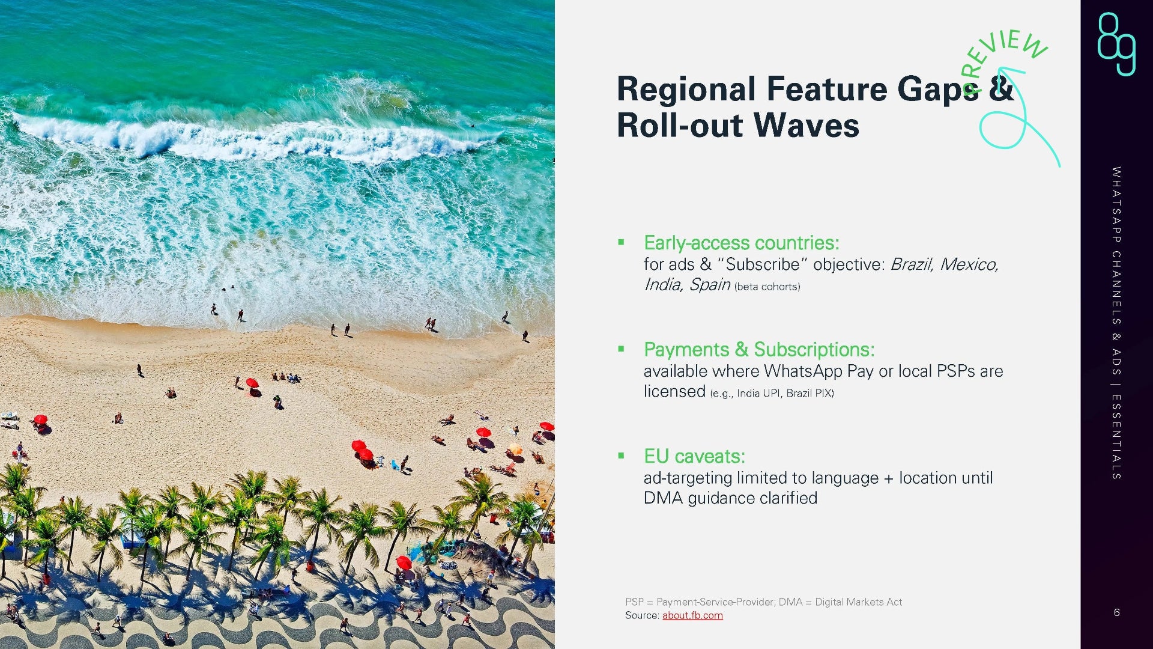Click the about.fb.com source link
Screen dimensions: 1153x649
[692, 615]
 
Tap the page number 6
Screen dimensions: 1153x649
[1116, 612]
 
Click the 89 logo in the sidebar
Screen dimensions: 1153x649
[1116, 44]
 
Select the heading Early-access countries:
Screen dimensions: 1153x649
[741, 243]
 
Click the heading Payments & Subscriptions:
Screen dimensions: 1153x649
[759, 349]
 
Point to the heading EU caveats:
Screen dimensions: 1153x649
[694, 456]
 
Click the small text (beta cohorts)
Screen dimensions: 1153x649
[767, 287]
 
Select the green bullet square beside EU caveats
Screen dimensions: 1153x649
[621, 456]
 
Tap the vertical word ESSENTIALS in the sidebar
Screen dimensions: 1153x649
[1116, 437]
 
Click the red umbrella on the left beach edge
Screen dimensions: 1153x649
[40, 419]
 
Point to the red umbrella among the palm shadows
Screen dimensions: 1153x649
[404, 562]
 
